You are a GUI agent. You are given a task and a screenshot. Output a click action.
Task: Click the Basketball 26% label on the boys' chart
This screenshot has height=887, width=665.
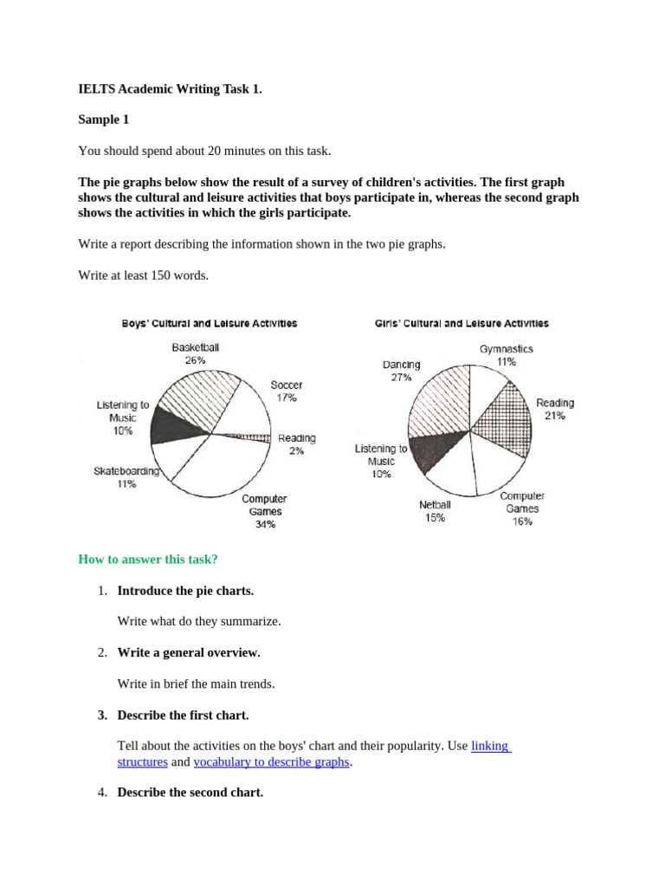click(x=195, y=353)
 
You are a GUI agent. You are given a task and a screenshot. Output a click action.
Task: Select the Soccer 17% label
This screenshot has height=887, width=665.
click(x=287, y=391)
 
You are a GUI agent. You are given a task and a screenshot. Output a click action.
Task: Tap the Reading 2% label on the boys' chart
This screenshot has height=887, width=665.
click(x=297, y=444)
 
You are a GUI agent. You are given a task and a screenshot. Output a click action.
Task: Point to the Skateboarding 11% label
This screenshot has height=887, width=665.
click(x=126, y=477)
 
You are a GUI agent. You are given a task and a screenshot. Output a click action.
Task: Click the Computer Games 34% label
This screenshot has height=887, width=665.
click(x=264, y=511)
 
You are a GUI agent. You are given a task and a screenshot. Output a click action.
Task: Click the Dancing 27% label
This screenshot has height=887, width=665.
click(x=401, y=371)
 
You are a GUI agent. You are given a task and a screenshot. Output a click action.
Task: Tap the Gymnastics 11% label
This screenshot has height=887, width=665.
click(x=507, y=355)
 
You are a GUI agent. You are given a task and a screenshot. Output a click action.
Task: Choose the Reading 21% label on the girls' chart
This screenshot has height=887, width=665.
click(x=555, y=409)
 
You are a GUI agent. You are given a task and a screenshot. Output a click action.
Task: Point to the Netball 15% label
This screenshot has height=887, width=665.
click(x=435, y=511)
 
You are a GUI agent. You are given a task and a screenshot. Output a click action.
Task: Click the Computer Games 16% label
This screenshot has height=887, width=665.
click(x=522, y=508)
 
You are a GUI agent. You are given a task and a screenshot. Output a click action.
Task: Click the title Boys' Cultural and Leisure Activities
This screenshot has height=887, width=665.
click(x=209, y=323)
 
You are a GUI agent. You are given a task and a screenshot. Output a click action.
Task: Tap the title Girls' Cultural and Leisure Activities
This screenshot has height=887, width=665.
click(x=462, y=323)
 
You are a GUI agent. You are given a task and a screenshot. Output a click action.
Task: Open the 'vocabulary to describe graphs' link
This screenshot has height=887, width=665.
click(x=271, y=761)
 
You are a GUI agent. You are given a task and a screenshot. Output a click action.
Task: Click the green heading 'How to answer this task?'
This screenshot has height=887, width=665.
click(x=148, y=559)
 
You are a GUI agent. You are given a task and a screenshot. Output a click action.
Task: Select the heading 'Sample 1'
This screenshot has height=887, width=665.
click(x=103, y=120)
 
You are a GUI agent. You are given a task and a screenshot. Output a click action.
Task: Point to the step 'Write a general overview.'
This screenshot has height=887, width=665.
click(x=189, y=652)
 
